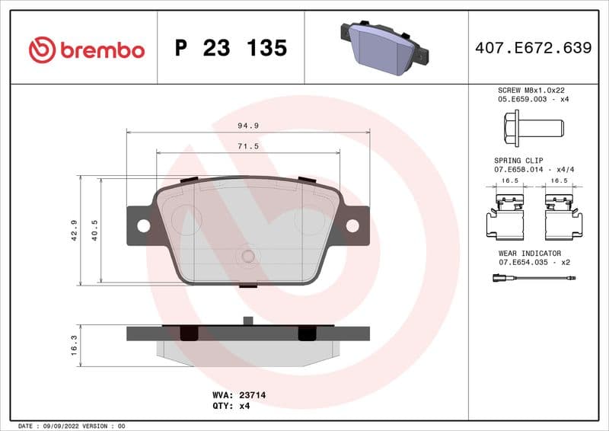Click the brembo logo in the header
pos(86,49)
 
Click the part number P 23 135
pos(231,49)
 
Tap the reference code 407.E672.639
pos(533,48)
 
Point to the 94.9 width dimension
pos(247,125)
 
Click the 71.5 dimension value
pos(248,145)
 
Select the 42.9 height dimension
pos(74,230)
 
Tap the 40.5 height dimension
pos(95,230)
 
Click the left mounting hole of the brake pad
pos(143,225)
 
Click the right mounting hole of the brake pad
pos(352,225)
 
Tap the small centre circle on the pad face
pos(247,256)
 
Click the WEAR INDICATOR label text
pos(530,253)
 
